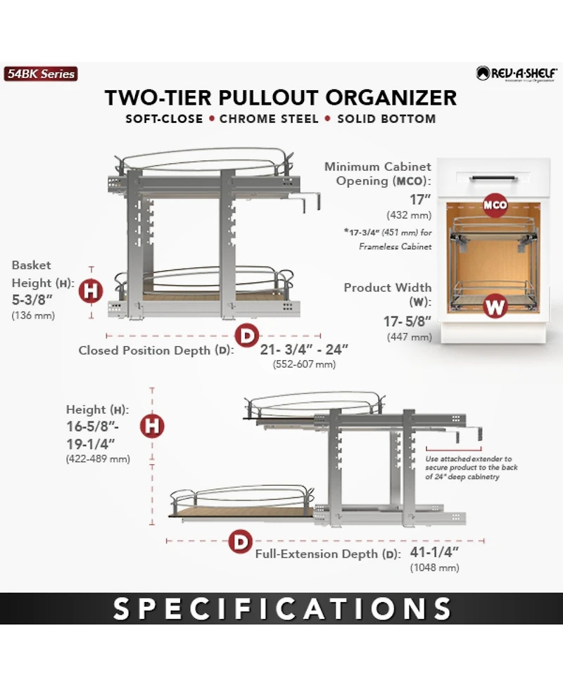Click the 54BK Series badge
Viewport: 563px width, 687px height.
pyautogui.click(x=40, y=74)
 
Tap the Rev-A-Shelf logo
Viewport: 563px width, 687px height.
pyautogui.click(x=517, y=73)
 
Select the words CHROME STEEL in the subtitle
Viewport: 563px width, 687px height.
pyautogui.click(x=268, y=118)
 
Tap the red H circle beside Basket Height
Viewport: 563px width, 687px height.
pyautogui.click(x=91, y=290)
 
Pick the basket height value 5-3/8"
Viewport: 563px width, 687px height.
pyautogui.click(x=33, y=300)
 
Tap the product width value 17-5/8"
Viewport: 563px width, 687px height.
pyautogui.click(x=407, y=322)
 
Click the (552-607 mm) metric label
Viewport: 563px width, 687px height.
pyautogui.click(x=303, y=364)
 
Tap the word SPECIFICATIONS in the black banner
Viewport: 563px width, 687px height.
pyautogui.click(x=282, y=609)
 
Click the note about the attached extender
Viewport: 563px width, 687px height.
pyautogui.click(x=469, y=468)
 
